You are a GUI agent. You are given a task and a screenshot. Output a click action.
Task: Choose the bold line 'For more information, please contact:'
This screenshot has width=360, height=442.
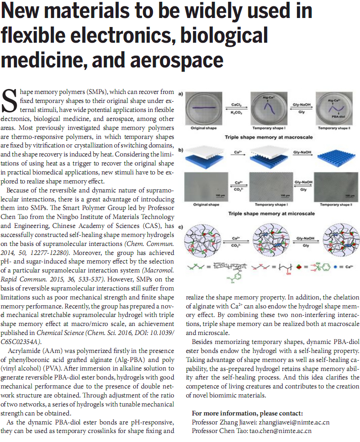247,413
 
